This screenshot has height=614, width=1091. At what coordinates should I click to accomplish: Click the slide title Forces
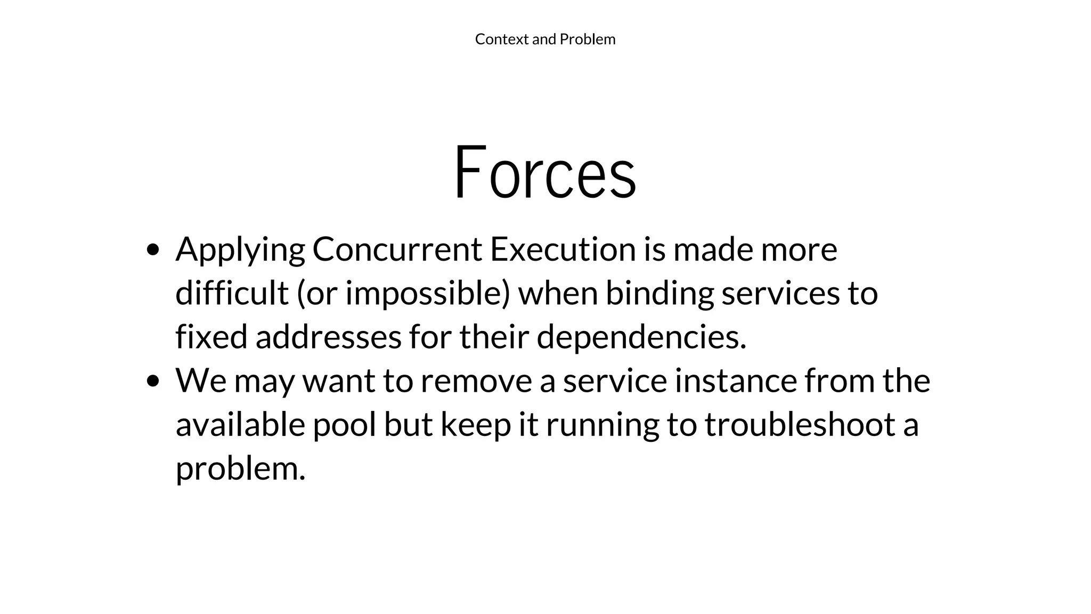pyautogui.click(x=545, y=172)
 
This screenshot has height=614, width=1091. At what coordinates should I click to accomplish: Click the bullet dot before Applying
pyautogui.click(x=153, y=249)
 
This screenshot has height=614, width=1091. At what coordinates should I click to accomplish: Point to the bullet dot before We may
pyautogui.click(x=153, y=381)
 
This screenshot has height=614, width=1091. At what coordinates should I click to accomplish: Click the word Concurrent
pyautogui.click(x=397, y=249)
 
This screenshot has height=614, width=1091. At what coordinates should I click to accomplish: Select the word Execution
pyautogui.click(x=563, y=249)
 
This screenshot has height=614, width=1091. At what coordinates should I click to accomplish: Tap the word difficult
pyautogui.click(x=232, y=293)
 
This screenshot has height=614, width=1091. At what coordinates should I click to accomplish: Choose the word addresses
pyautogui.click(x=328, y=337)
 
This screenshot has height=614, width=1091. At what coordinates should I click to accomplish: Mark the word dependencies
pyautogui.click(x=641, y=338)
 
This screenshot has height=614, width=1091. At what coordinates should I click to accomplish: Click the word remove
pyautogui.click(x=476, y=381)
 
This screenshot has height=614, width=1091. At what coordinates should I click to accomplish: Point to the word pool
pyautogui.click(x=344, y=425)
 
